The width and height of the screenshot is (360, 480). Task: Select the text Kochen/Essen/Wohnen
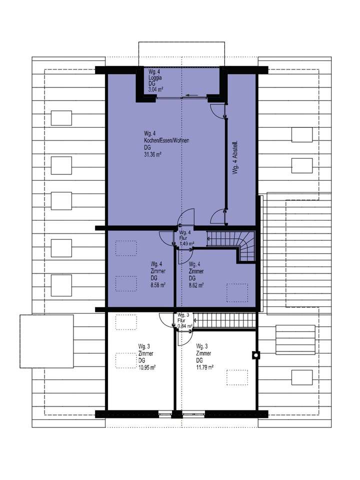(x=165, y=141)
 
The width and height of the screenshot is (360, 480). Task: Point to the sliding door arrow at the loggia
(x=190, y=94)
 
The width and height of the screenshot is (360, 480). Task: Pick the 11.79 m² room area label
(x=205, y=366)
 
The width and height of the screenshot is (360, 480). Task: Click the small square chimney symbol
(x=256, y=355)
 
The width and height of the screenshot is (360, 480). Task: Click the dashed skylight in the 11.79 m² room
(x=237, y=376)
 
